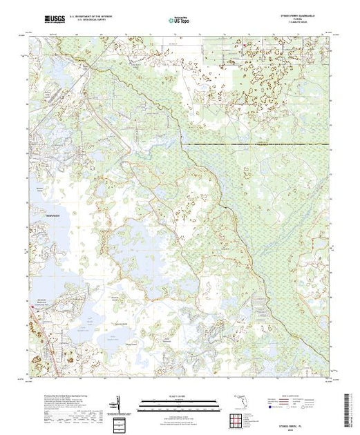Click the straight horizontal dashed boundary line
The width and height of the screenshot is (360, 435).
tap(256, 143)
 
